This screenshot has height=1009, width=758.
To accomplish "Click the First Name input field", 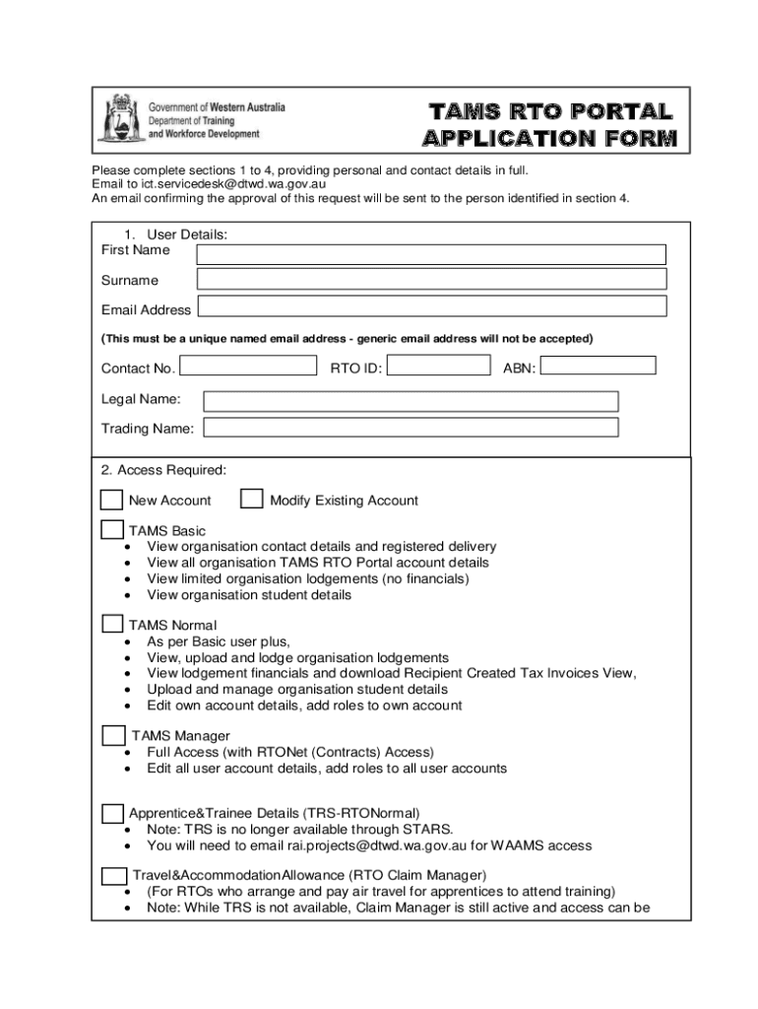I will (431, 254).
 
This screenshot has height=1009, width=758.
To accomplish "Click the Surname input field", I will (431, 280).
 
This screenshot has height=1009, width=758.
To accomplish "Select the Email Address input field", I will (431, 306).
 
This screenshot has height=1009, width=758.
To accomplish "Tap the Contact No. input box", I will (248, 366).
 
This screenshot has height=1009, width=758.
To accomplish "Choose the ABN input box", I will (599, 366).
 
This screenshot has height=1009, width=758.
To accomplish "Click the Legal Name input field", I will (411, 401).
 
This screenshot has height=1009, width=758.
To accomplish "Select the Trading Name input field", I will (411, 428).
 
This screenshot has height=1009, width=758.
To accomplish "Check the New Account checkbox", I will (112, 499).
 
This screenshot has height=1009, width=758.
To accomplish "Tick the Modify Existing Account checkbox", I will (253, 499).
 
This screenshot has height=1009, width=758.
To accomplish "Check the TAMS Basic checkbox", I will (112, 529).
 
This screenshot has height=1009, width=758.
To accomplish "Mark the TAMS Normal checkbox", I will (112, 624).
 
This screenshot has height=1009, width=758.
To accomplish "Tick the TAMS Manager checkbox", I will (114, 735).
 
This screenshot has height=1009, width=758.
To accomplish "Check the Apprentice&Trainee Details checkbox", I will (112, 813).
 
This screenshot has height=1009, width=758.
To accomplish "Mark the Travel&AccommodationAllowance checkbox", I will (114, 875).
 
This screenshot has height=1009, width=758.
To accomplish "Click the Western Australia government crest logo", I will (119, 119).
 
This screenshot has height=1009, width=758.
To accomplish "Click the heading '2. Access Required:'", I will (163, 469).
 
